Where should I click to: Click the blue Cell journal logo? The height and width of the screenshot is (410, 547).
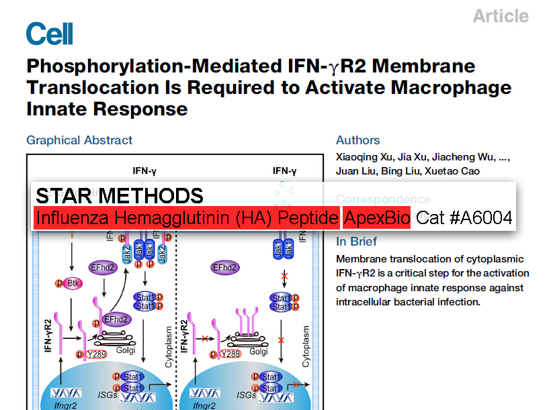(x=49, y=33)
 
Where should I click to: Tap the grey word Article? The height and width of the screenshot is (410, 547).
(x=501, y=15)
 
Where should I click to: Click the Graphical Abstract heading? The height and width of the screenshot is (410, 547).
(x=79, y=140)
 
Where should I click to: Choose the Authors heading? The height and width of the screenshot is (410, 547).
(x=357, y=140)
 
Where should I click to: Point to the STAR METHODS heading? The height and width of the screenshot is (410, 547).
(x=119, y=196)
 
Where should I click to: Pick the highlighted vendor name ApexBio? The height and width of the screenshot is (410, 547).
(x=377, y=218)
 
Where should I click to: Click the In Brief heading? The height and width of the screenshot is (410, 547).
(x=356, y=242)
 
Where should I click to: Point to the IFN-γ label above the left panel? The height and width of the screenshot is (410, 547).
(x=145, y=170)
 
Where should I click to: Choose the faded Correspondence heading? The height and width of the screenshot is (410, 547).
(x=383, y=199)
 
